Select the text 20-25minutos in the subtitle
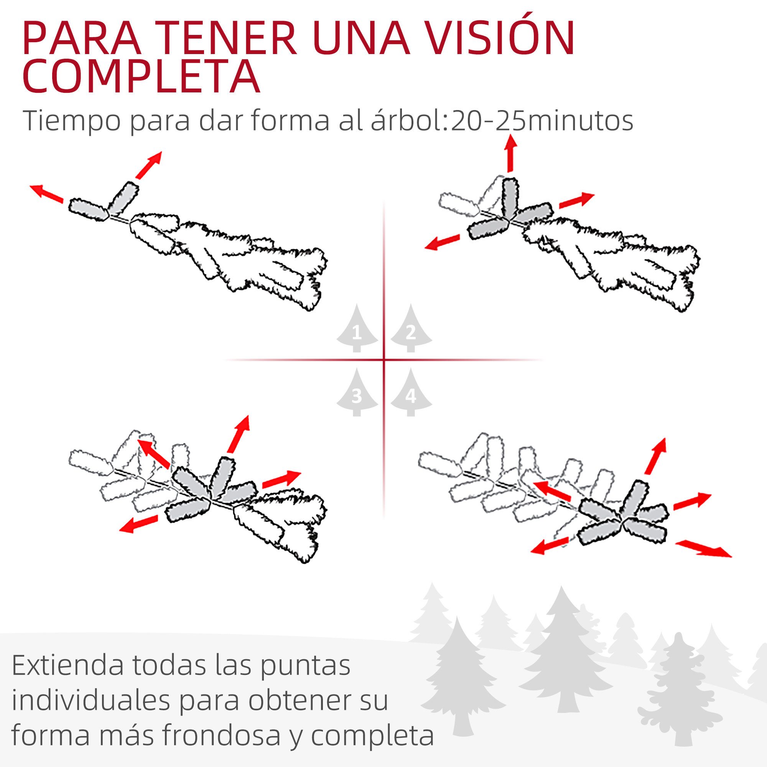(542, 121)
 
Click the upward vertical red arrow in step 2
(510, 153)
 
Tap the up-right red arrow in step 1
(149, 165)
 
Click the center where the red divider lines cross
(384, 360)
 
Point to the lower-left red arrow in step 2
(442, 242)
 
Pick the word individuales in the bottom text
(91, 700)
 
